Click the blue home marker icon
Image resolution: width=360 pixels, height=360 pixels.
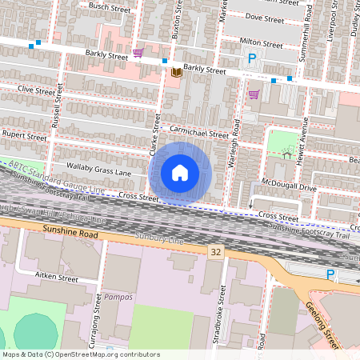point(180,173)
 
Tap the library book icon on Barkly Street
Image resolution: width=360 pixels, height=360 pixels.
point(176,73)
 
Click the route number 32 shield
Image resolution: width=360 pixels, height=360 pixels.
point(215,251)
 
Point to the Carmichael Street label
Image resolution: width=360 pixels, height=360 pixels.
point(198,134)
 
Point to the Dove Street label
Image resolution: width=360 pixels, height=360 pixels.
point(264,16)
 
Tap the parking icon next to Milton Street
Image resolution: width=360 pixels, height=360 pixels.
point(252,58)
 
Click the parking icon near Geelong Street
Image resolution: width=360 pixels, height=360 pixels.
point(331,274)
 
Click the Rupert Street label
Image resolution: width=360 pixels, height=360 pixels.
point(25,136)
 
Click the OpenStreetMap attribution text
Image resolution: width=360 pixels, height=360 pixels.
point(80,354)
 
